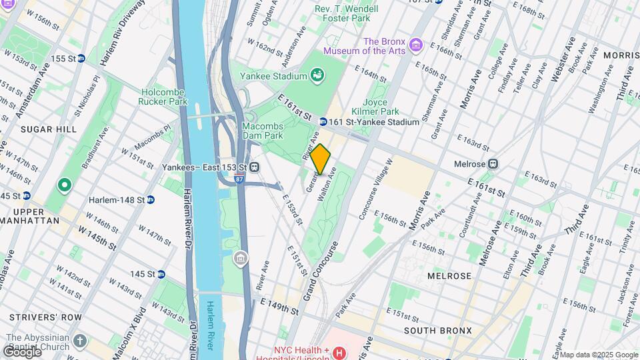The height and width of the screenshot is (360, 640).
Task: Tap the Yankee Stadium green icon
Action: [317, 76]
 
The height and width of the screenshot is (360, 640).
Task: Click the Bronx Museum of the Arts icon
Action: [417, 45]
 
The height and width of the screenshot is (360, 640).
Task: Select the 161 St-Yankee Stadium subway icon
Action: [323, 122]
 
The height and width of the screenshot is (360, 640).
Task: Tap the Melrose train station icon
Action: [493, 163]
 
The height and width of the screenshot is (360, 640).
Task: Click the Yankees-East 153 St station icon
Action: [255, 167]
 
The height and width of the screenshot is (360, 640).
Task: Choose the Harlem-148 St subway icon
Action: [151, 199]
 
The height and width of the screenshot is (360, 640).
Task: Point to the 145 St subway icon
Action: [161, 274]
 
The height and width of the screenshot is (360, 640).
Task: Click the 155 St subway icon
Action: [81, 59]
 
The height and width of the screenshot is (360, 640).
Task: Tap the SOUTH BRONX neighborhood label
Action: [438, 331]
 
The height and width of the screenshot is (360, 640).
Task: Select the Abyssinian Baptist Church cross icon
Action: [80, 341]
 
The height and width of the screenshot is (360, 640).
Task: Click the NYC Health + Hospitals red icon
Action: [339, 352]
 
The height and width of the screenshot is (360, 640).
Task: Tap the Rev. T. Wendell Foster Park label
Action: [346, 14]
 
